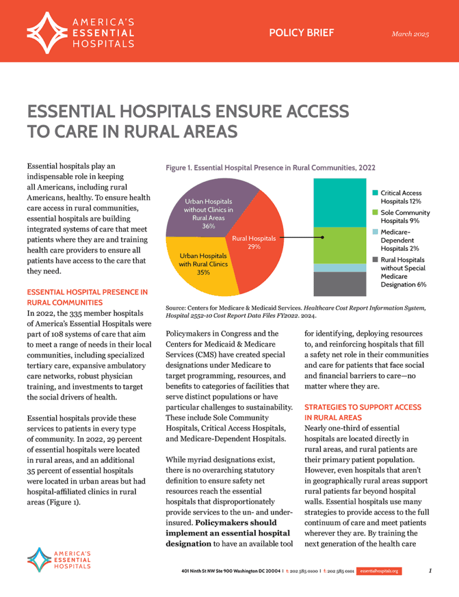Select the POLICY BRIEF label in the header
pos(301,33)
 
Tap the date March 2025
pos(410,34)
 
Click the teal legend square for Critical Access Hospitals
pos(376,192)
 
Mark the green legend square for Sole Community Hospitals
pos(376,212)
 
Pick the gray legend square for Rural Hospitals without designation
pos(376,259)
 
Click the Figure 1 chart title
pos(270,167)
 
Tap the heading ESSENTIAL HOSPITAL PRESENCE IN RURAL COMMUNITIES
pos(87,297)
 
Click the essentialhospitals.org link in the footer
pos(379,571)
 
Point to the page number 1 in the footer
pos(429,571)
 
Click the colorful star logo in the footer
pos(39,560)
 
